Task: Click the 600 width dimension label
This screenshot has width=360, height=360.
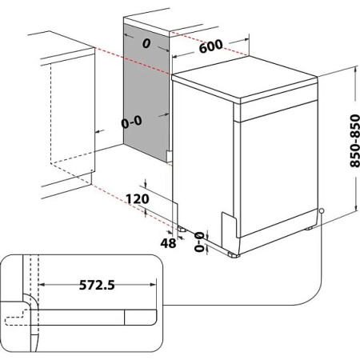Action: tap(210, 46)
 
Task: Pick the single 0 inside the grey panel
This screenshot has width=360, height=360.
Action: tap(146, 44)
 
